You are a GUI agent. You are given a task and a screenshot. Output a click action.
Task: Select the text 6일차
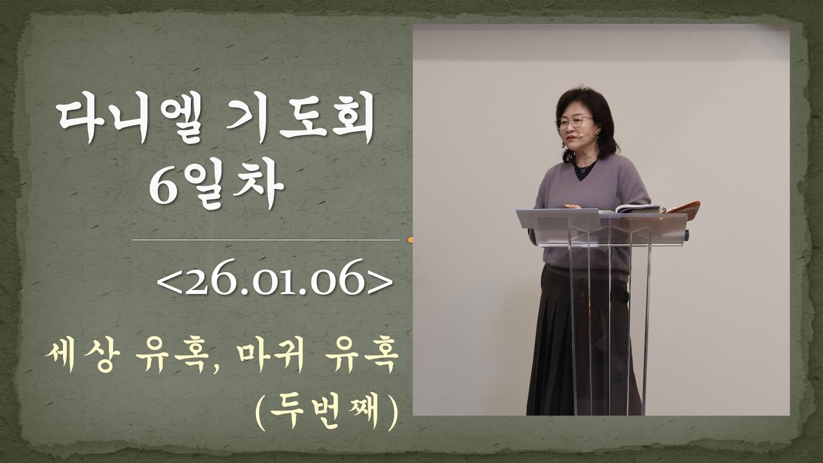point(216,186)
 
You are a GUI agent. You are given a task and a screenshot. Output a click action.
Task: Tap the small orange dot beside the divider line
point(410,241)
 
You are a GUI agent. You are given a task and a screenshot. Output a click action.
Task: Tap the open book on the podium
point(638,208)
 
